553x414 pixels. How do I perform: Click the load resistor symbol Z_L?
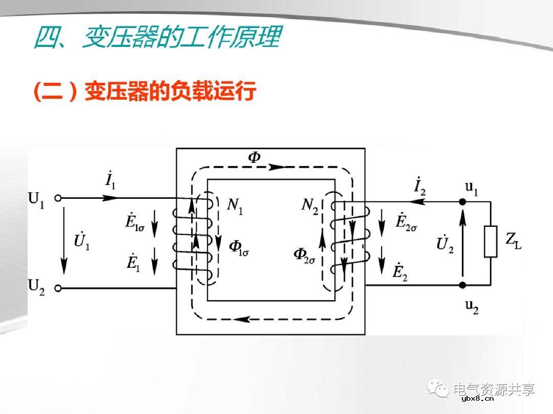490,241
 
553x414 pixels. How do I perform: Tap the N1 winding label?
235,206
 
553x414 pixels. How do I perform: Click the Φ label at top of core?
254,157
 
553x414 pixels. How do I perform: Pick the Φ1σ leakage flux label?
239,247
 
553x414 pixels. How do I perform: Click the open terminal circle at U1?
58,198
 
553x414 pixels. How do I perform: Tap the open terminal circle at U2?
58,288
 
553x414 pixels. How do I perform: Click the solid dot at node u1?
462,202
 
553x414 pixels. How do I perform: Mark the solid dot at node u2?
462,285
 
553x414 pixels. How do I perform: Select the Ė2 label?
400,272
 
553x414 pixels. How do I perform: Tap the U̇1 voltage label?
82,241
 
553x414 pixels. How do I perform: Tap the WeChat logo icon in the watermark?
440,389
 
